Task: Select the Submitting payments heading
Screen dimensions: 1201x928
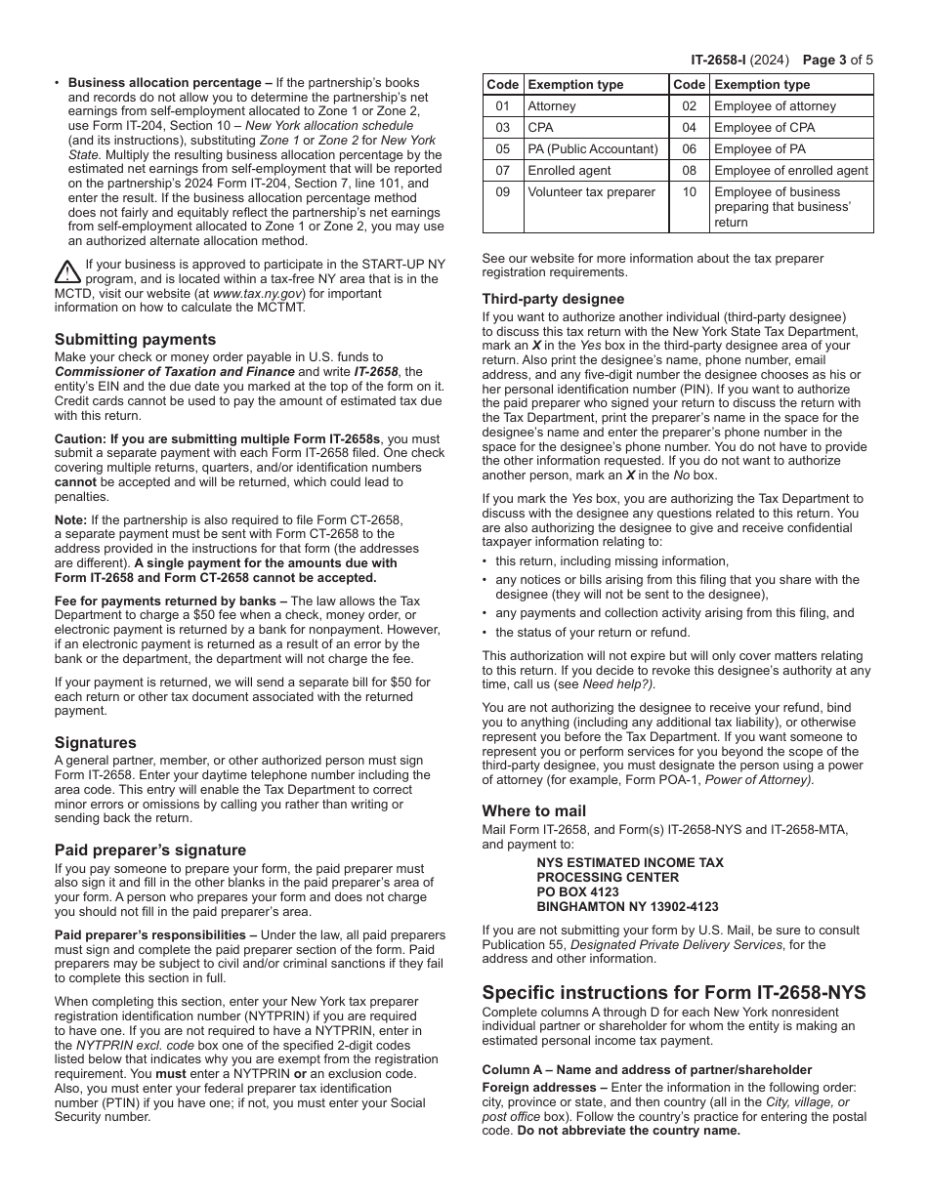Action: [x=135, y=340]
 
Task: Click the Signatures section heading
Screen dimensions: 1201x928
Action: [x=95, y=742]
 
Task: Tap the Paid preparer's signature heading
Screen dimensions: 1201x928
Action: [x=149, y=849]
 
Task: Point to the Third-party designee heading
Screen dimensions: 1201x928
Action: [x=553, y=299]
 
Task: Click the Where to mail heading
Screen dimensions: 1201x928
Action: [x=533, y=810]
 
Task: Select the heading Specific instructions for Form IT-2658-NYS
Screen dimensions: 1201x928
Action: [x=673, y=993]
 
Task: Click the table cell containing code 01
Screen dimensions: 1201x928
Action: [x=503, y=106]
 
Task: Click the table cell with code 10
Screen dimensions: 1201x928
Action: [x=689, y=192]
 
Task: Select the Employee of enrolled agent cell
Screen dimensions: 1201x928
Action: [x=790, y=171]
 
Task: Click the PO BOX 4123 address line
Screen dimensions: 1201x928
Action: [x=577, y=891]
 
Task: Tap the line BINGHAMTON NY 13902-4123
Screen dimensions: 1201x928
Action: [x=627, y=906]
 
